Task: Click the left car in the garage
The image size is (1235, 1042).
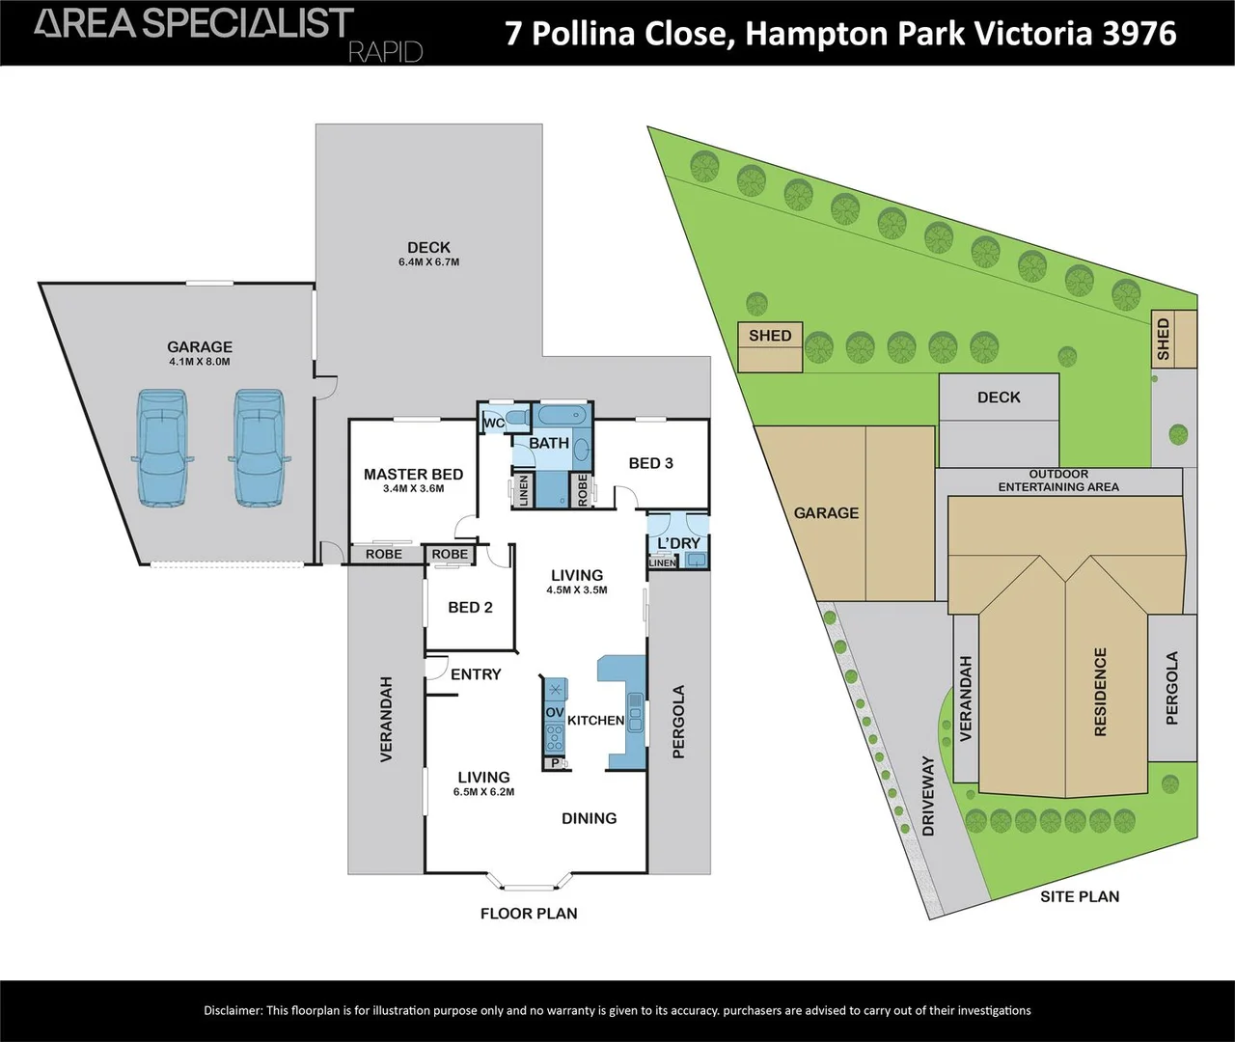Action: click(x=162, y=448)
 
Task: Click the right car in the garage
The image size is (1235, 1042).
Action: click(x=259, y=448)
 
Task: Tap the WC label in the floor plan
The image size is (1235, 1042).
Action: click(x=494, y=424)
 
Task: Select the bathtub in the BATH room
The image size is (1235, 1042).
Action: click(x=563, y=415)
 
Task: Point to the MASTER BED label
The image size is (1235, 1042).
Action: click(x=414, y=475)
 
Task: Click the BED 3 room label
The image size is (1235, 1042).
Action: click(x=650, y=463)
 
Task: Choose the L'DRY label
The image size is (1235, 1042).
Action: click(x=678, y=543)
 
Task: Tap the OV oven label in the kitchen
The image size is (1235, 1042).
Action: click(x=554, y=713)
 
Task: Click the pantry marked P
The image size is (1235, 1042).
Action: click(x=556, y=763)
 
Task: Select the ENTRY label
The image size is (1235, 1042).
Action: click(x=476, y=674)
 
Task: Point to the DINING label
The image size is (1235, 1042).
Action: click(x=590, y=818)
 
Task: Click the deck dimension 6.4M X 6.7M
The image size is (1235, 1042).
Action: click(x=428, y=262)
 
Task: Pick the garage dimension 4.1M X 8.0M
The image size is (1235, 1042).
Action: click(x=200, y=362)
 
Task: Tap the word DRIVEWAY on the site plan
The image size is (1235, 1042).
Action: click(x=928, y=795)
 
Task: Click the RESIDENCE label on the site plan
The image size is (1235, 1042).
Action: click(x=1100, y=692)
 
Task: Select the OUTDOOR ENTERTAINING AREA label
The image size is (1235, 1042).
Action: click(x=1058, y=480)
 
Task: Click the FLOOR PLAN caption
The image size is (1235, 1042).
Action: click(x=529, y=914)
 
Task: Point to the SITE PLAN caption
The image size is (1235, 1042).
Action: click(x=1080, y=896)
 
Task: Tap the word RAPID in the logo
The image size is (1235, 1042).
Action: click(x=386, y=53)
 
